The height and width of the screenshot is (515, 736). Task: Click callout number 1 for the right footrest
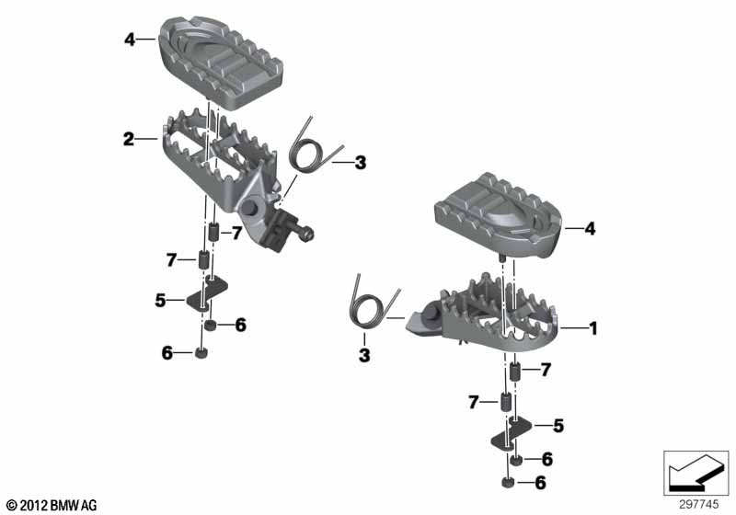coord(593,328)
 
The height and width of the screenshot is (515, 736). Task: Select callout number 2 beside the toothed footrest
coord(129,139)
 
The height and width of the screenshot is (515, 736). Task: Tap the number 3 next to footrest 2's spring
coord(360,163)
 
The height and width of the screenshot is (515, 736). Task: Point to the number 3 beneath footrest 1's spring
coord(364,355)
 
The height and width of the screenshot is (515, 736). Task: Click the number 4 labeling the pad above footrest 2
coord(130,40)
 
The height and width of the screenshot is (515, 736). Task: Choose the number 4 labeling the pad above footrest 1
coord(590,229)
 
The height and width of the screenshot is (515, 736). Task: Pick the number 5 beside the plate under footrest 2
coord(160,300)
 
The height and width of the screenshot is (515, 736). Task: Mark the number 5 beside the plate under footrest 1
coord(558,426)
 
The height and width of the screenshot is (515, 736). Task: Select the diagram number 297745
coord(699,505)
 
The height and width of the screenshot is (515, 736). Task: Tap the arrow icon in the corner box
coord(696,473)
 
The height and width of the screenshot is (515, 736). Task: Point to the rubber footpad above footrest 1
coord(499,216)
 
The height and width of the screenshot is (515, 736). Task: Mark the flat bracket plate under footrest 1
coord(511,434)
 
